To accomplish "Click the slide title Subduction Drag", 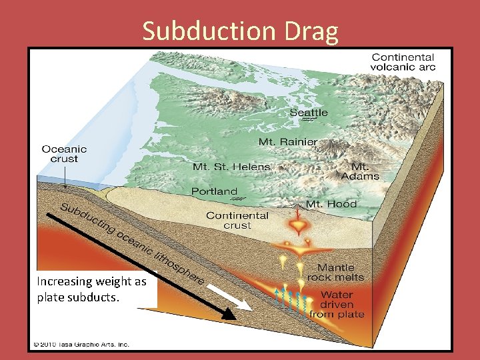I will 240,31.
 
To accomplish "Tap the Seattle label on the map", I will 309,113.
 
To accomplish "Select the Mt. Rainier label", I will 288,142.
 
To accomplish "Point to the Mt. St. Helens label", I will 231,167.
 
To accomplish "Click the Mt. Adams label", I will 360,171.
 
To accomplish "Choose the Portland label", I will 214,191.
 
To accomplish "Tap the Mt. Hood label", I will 331,204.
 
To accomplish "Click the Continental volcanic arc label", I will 403,62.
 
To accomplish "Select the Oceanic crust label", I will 64,154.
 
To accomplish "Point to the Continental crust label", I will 237,220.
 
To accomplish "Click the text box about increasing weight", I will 92,289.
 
